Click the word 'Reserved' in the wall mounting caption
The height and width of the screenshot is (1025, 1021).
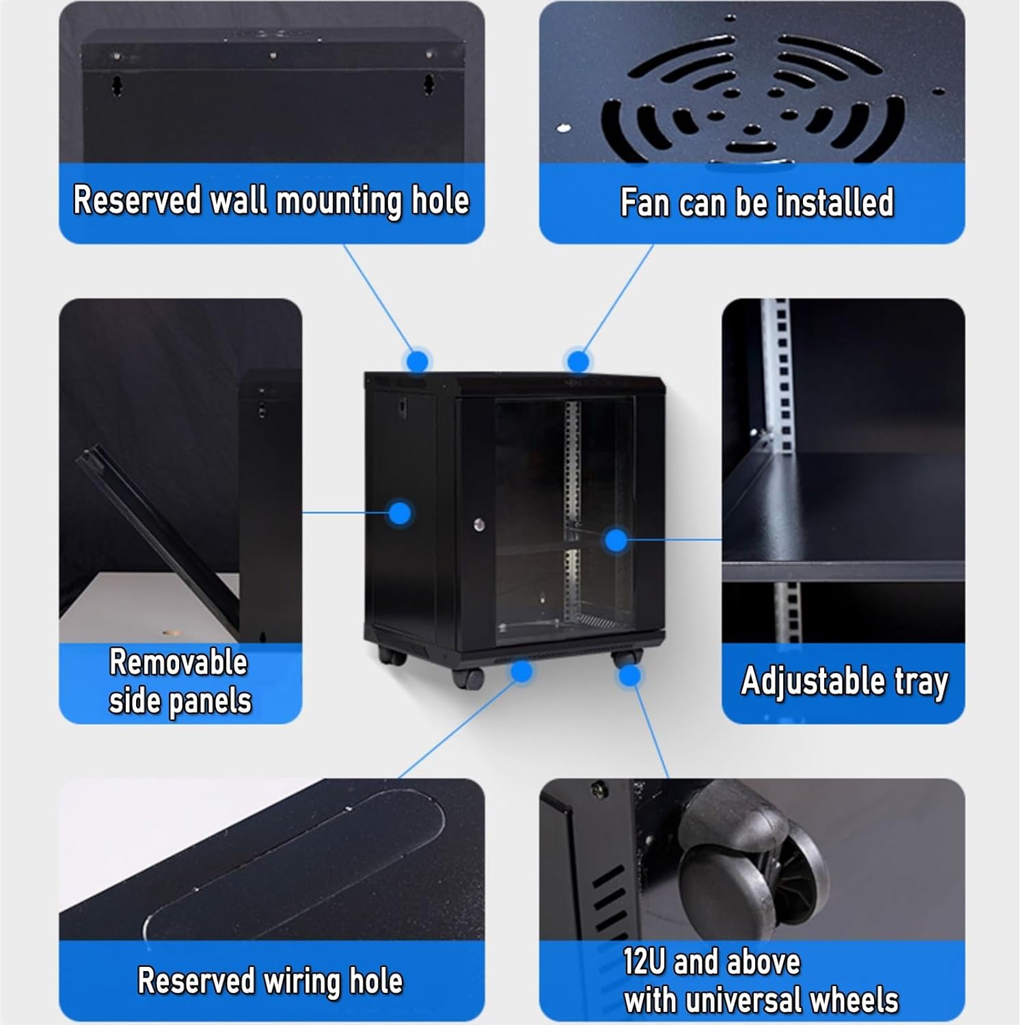click(137, 201)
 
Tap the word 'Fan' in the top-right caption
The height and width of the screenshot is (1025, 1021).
click(644, 203)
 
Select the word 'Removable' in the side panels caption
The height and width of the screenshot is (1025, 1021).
click(178, 663)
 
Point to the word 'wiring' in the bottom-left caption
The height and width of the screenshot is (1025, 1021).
click(305, 981)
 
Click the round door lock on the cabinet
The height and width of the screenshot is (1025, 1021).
click(479, 525)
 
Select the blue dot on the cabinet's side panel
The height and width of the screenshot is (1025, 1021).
click(400, 512)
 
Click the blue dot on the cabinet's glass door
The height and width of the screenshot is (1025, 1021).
click(616, 540)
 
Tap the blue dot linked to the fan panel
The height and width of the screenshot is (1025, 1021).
click(578, 361)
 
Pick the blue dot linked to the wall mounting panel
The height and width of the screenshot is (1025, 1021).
click(417, 360)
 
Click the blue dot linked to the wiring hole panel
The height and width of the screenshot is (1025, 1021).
click(521, 671)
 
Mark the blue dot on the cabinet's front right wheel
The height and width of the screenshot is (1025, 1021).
click(629, 675)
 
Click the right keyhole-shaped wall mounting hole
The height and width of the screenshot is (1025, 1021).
click(429, 85)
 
